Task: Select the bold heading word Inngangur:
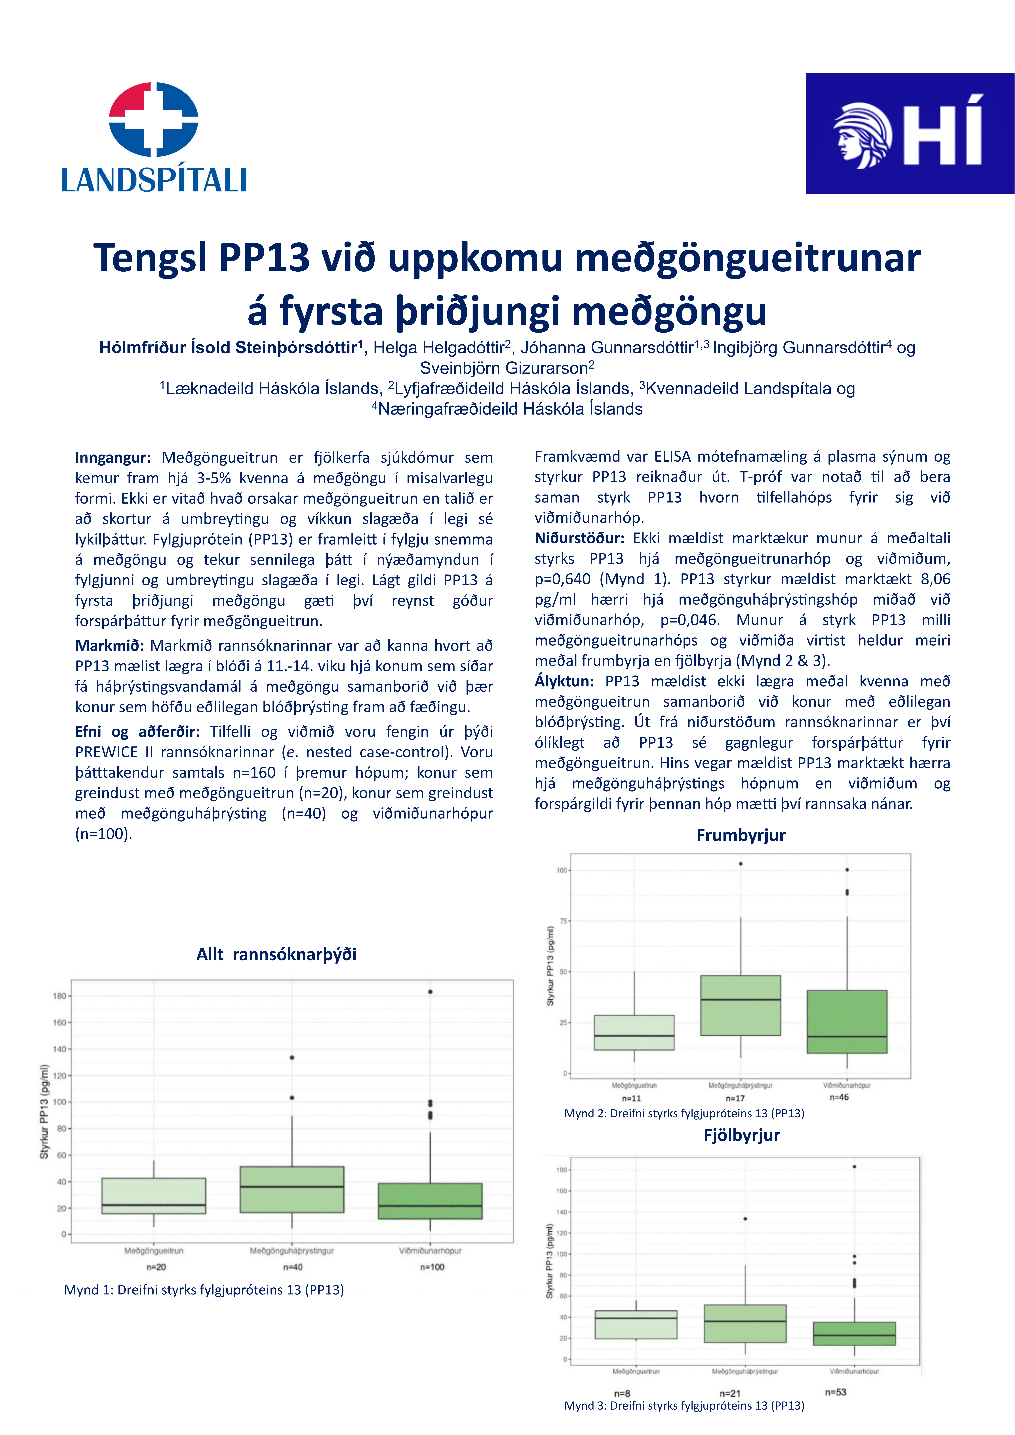coord(112,457)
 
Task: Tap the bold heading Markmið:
coord(109,646)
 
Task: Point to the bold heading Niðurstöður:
coord(579,538)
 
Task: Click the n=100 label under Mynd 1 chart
coord(432,1267)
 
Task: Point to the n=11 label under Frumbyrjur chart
coord(631,1098)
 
